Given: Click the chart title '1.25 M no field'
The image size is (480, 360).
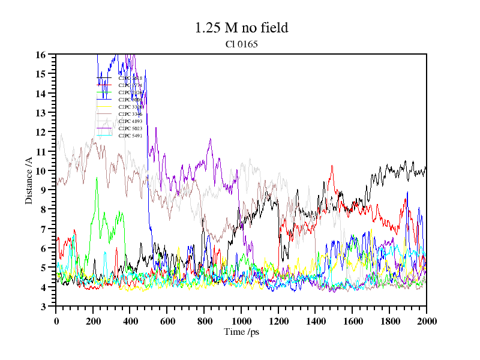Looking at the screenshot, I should tap(241, 28).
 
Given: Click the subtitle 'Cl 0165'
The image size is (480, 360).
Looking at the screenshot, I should tap(241, 44).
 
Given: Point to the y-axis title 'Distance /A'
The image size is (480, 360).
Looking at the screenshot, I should tap(28, 181).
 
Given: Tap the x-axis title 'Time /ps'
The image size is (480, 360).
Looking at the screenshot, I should tap(241, 332).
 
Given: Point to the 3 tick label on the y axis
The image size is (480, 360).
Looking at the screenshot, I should tap(43, 307).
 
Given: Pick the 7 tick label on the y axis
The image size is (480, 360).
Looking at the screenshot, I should tap(43, 229).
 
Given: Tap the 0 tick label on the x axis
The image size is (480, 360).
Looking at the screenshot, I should tap(56, 320).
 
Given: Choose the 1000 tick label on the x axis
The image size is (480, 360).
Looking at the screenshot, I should tap(241, 320).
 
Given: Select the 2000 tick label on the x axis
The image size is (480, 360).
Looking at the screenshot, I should tap(426, 320).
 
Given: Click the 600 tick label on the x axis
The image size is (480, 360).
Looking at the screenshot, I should tap(167, 320).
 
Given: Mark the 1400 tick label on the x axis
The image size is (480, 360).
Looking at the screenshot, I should tap(315, 320).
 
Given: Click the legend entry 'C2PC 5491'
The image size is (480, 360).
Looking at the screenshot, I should tap(130, 136).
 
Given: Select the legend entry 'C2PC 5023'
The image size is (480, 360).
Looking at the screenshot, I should tap(130, 128).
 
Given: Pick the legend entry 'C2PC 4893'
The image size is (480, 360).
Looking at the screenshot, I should tap(130, 121).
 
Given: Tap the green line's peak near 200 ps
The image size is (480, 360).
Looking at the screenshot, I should tap(96, 178).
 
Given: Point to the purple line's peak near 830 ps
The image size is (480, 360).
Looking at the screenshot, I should tap(210, 139).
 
